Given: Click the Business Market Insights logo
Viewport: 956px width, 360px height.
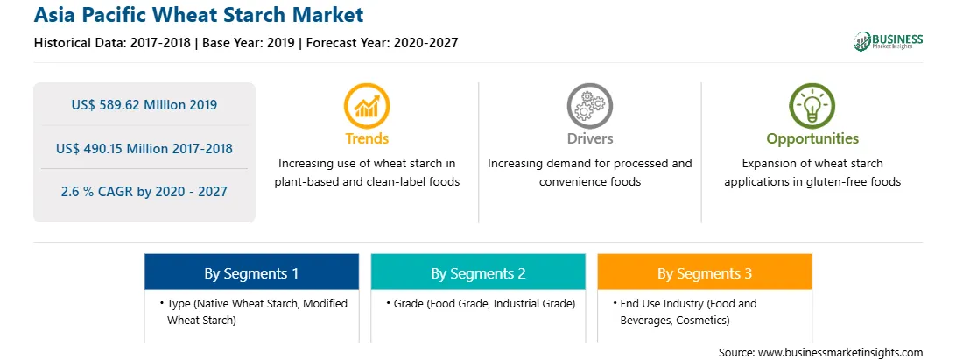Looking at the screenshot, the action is pos(889,41).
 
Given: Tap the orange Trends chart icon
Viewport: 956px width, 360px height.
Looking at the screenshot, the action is pos(367,105).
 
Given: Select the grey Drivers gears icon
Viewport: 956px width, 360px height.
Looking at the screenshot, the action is pos(589,105).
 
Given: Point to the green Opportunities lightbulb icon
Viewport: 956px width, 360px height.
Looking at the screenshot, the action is pos(812,105).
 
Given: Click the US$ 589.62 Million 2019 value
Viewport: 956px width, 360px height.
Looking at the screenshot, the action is pos(144,105).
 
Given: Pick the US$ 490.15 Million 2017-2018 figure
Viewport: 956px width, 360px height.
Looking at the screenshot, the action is pos(144,148).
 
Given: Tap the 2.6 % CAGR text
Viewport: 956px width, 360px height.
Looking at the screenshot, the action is pos(144,192).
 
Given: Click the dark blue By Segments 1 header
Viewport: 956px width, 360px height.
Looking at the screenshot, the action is pos(252,272).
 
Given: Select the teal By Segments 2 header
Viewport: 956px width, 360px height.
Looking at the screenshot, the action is pos(478,272).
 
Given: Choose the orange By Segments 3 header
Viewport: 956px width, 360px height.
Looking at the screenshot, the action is pos(705,272).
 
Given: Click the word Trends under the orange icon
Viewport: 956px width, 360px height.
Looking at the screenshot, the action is pos(367,138).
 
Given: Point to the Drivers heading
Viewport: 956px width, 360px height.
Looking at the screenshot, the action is pos(589,138).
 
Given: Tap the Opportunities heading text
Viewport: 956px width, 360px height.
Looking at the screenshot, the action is pos(812,139).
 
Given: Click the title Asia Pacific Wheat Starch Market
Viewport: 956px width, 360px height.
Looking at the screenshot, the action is pos(199,15).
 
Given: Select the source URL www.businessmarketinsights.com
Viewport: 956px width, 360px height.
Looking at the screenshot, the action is pos(820,353).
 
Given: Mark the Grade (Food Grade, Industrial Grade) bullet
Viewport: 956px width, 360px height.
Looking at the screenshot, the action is pos(481,303).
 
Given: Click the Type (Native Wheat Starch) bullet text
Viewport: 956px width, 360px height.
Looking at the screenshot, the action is pos(254,311).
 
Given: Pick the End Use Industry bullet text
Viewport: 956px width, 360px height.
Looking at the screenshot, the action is pos(685,311).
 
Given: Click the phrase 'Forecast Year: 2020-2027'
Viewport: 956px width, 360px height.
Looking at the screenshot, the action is pos(383,43).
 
